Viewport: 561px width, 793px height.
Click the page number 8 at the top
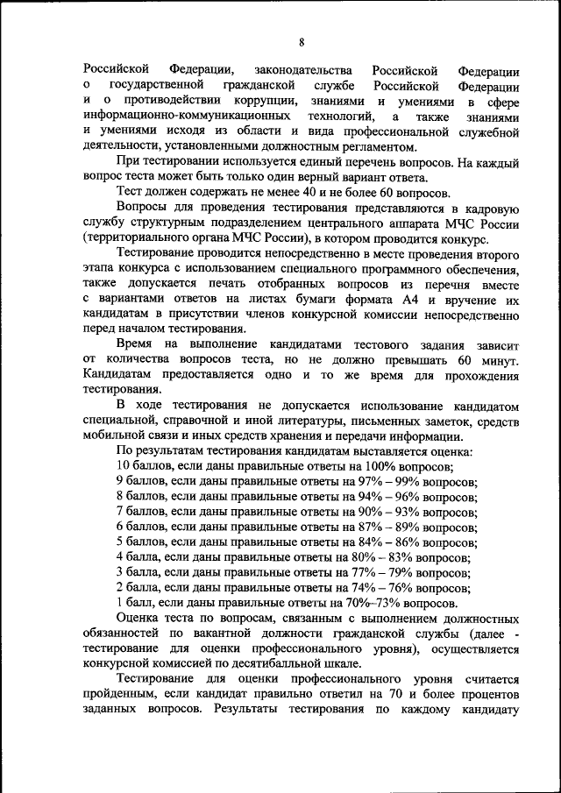click(301, 43)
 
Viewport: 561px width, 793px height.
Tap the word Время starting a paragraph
click(138, 345)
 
